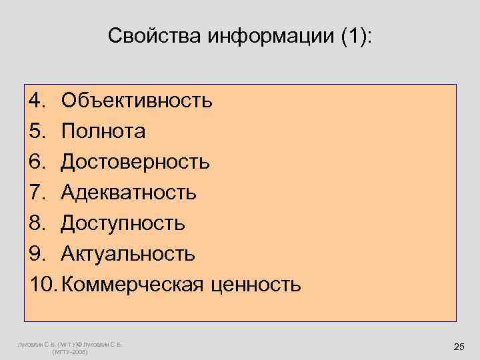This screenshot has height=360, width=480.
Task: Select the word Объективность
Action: [x=137, y=101]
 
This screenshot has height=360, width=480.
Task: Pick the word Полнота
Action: [x=103, y=131]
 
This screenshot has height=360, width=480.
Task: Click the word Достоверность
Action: [x=135, y=162]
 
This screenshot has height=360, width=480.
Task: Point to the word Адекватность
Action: [x=129, y=193]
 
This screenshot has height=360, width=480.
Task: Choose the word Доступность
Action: [x=123, y=223]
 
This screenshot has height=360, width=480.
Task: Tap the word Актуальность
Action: [x=128, y=254]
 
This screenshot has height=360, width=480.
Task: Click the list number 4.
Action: [x=36, y=101]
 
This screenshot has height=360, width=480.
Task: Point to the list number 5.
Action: [x=36, y=131]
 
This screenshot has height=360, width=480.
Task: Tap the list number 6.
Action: [x=36, y=162]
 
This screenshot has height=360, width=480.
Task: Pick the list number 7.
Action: [x=36, y=193]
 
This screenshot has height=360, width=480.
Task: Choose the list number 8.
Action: [x=36, y=223]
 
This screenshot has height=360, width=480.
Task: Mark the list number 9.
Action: [x=36, y=254]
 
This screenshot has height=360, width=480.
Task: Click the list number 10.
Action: [x=43, y=285]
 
